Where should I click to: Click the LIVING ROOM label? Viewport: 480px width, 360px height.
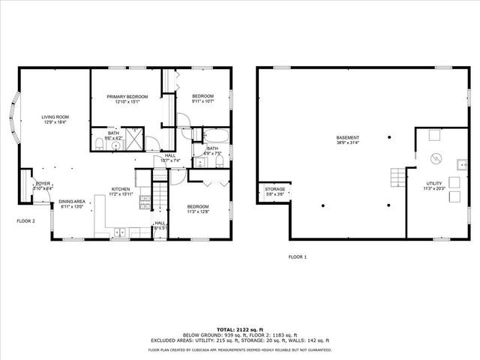[55, 117]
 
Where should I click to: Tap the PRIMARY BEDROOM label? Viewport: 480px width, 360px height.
[127, 97]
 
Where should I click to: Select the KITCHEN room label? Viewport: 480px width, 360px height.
[121, 189]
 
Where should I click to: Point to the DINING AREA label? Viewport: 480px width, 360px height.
[72, 201]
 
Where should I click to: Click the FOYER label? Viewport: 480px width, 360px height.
[43, 183]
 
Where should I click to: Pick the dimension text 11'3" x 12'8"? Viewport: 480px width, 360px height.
[198, 212]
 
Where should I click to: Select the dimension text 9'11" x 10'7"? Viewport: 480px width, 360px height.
[202, 101]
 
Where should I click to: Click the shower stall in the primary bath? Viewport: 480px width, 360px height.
[135, 140]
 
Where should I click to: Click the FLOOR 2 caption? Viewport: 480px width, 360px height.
[26, 221]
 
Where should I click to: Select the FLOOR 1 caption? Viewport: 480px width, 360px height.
[298, 257]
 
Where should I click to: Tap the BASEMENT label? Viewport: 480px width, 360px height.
[347, 138]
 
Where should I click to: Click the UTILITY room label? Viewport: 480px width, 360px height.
[434, 184]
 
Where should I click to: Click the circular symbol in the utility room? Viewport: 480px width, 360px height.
[433, 158]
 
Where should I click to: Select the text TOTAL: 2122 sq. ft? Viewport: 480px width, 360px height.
[240, 329]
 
